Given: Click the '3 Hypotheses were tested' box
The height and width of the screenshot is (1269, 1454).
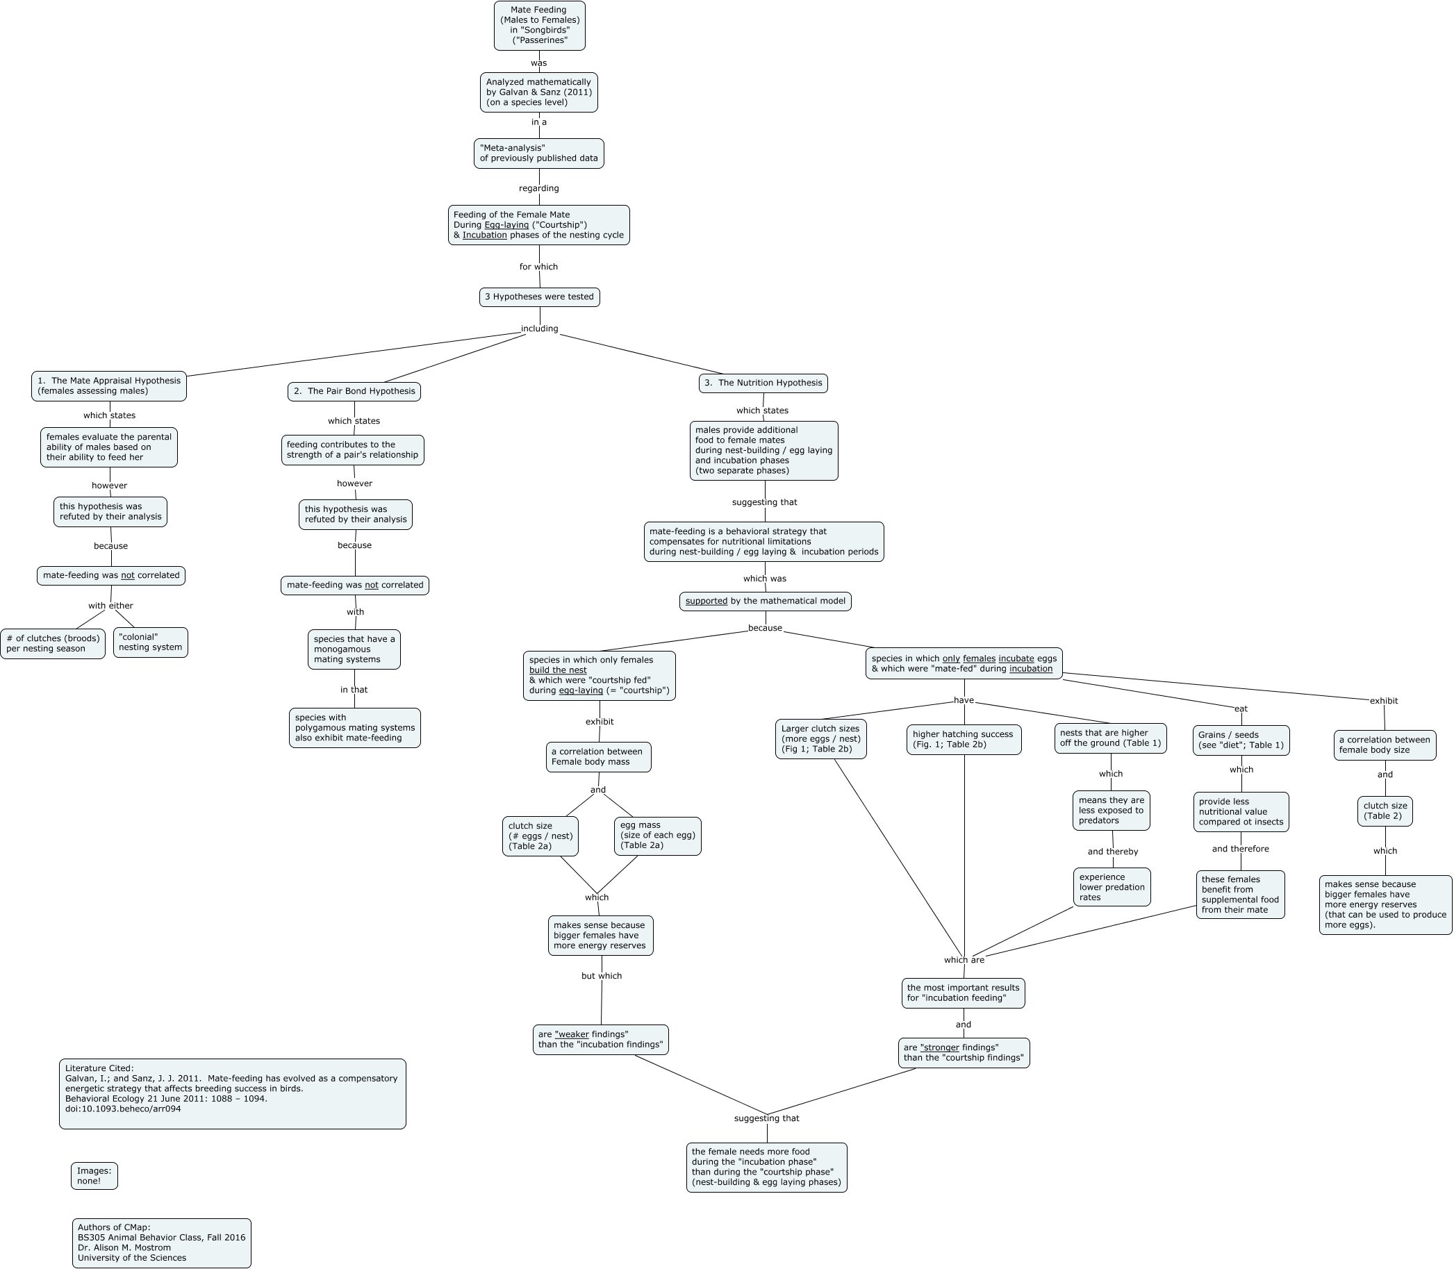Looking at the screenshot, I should click(x=539, y=297).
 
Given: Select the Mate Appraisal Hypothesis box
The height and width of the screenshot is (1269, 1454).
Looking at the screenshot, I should click(x=109, y=386).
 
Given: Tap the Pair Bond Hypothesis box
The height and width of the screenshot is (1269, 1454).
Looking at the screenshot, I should click(x=354, y=392).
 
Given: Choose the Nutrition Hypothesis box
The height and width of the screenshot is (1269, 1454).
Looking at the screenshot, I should click(x=763, y=383).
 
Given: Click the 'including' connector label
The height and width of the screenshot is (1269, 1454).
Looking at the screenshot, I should click(x=540, y=329).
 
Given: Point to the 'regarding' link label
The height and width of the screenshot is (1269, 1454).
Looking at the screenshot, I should click(x=539, y=188).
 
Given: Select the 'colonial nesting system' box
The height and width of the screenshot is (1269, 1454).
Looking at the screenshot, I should click(x=150, y=642).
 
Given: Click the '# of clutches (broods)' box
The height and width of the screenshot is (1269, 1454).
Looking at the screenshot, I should click(x=53, y=644).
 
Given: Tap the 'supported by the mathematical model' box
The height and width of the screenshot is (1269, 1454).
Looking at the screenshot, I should click(x=765, y=602).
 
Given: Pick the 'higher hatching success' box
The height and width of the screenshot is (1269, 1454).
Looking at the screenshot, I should click(x=963, y=739).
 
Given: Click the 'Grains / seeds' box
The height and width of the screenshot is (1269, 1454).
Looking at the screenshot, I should click(x=1241, y=740).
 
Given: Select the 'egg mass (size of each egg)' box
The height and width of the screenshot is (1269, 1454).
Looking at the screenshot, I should click(x=657, y=836).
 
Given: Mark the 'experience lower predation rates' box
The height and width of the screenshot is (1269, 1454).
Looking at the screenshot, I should click(x=1112, y=886).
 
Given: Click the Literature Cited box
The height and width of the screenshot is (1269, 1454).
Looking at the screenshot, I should click(x=232, y=1093).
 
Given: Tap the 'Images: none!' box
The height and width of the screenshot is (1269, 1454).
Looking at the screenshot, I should click(x=94, y=1175).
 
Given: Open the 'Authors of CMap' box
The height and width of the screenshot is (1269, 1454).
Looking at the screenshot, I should click(x=161, y=1243).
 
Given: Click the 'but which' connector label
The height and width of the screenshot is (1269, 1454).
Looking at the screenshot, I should click(x=602, y=976).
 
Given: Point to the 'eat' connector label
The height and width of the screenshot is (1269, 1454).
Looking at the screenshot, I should click(x=1241, y=709).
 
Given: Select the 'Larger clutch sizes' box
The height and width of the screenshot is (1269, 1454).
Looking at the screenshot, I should click(x=820, y=738).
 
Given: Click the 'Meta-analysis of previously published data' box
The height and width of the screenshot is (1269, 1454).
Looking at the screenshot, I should click(x=539, y=153).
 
